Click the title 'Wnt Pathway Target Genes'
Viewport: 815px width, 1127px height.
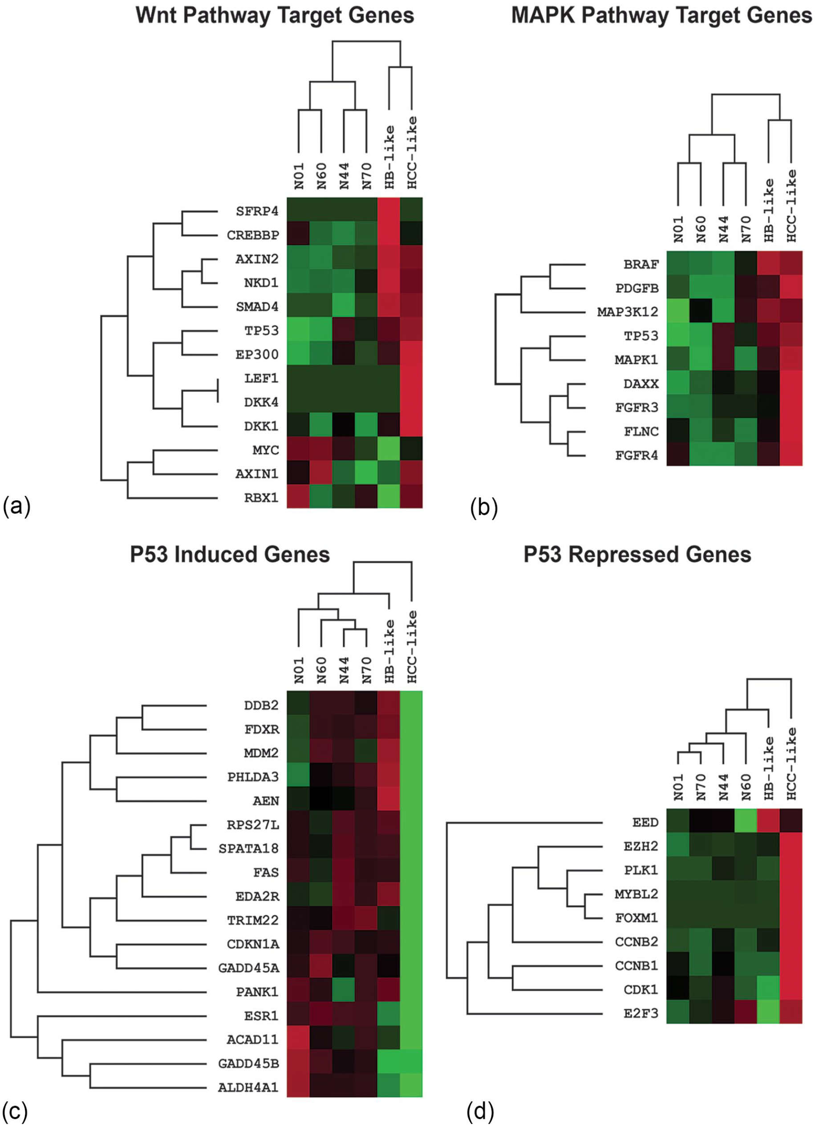coord(275,15)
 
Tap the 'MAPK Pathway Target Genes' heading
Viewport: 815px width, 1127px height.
coord(661,15)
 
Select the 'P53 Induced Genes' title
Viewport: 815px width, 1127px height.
coord(230,554)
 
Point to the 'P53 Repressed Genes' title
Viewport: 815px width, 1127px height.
coord(637,554)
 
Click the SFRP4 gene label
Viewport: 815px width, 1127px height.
coord(256,211)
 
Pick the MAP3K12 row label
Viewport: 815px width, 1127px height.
coord(628,312)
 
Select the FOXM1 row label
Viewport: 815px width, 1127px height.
coord(637,918)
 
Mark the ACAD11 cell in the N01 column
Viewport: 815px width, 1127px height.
coord(298,1038)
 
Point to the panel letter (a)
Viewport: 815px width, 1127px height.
coord(16,507)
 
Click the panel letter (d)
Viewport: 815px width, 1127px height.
coord(480,1112)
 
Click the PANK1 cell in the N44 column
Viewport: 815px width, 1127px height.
coord(344,991)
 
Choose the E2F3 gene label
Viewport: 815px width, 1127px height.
coord(641,1014)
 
